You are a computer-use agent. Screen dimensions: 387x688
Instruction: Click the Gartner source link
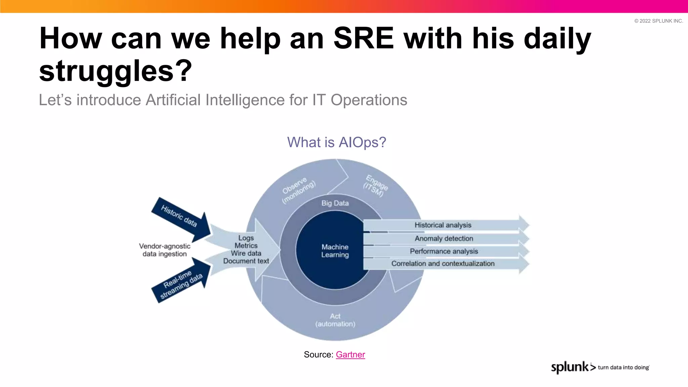click(350, 354)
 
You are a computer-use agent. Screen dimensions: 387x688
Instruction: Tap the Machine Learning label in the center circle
click(335, 251)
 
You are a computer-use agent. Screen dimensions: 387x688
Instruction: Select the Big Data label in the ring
click(335, 203)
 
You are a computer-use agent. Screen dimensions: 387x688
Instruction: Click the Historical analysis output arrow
click(443, 225)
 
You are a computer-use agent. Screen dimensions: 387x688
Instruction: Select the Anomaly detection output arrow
click(443, 239)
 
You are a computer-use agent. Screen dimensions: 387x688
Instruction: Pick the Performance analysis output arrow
click(443, 251)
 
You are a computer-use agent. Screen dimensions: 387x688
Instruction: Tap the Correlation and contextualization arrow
click(443, 264)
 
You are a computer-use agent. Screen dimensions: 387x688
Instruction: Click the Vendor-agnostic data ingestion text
click(165, 250)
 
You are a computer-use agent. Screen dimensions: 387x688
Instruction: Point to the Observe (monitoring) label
click(298, 189)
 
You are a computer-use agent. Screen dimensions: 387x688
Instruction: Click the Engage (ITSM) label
click(375, 186)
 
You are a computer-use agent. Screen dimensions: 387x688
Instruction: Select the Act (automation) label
click(335, 320)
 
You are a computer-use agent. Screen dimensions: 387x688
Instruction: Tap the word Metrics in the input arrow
click(246, 246)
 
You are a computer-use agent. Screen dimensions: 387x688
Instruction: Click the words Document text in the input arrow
click(246, 261)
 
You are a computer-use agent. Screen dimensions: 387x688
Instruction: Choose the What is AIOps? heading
click(336, 142)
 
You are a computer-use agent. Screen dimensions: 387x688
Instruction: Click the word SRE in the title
click(363, 38)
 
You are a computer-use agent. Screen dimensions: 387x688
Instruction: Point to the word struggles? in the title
click(116, 71)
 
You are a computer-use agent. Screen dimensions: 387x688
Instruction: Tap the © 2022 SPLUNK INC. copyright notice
click(658, 21)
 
